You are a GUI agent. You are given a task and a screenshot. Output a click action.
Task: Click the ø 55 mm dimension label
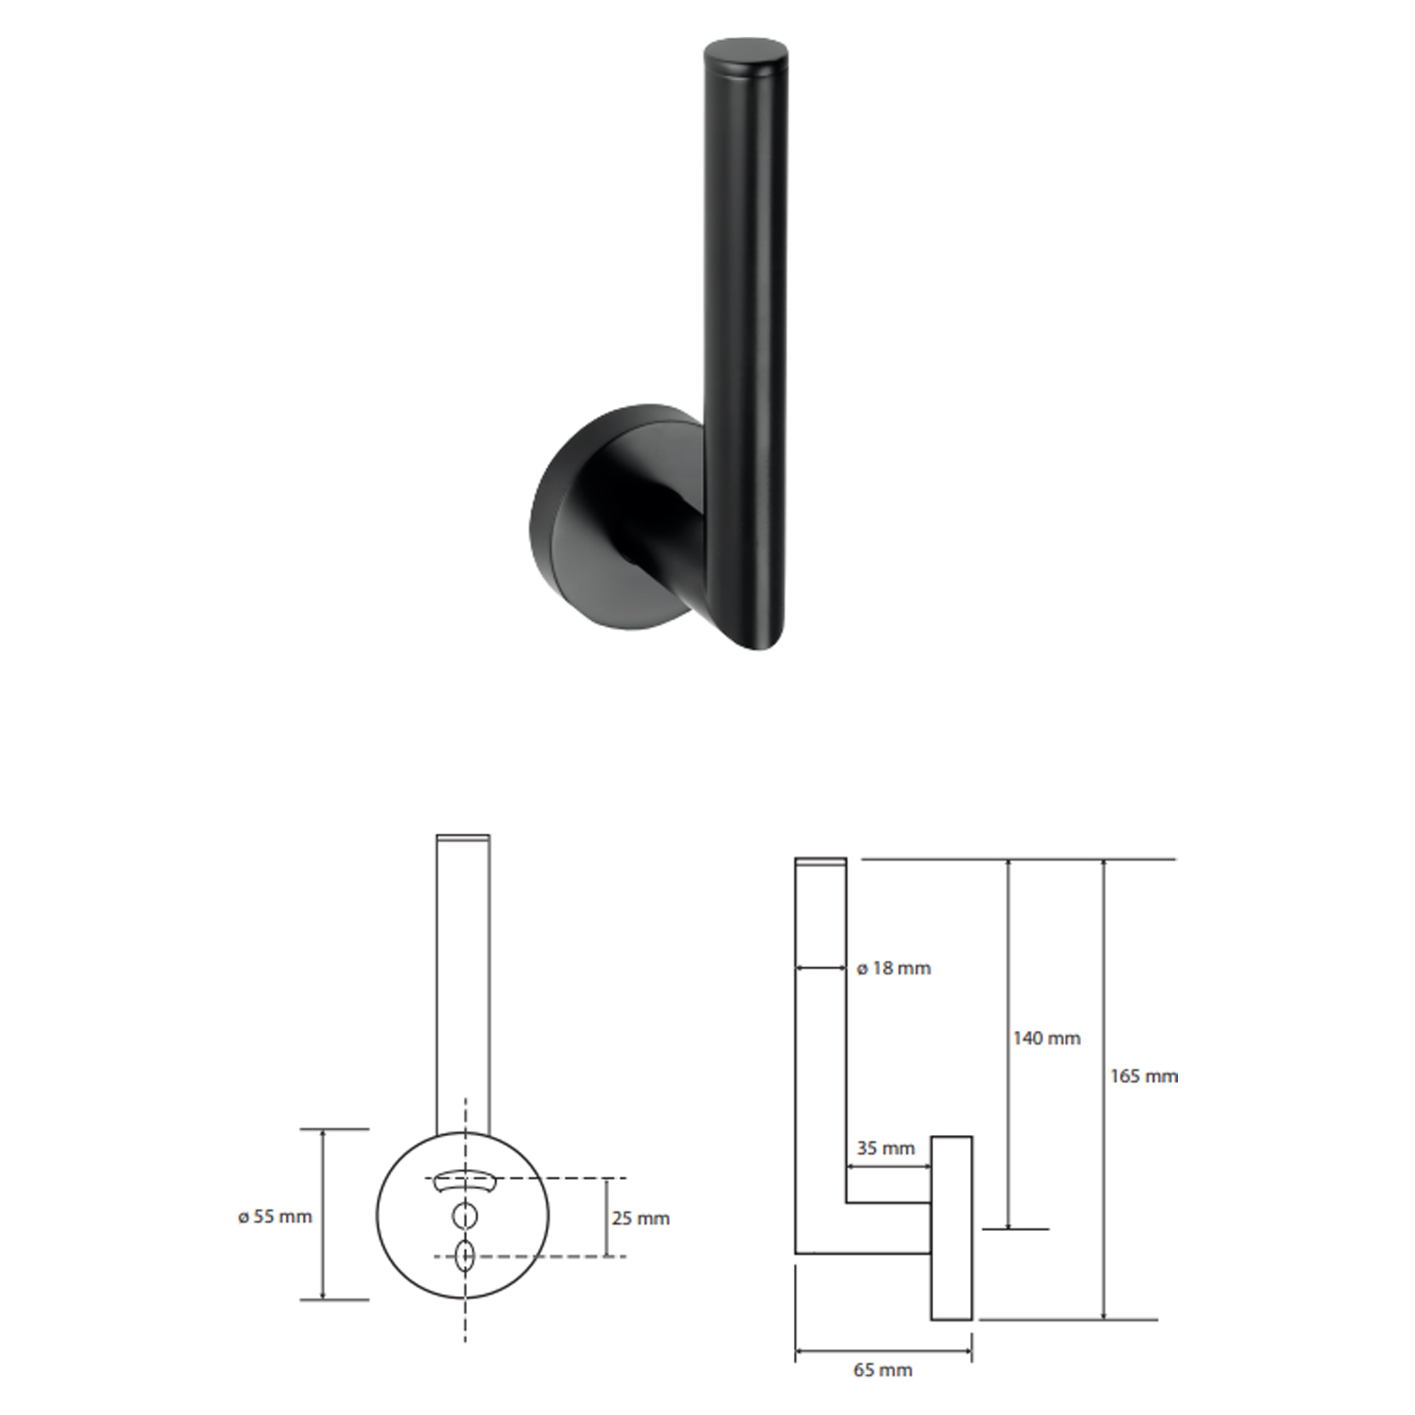pos(275,1216)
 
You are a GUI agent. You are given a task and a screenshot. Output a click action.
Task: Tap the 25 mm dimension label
pos(641,1219)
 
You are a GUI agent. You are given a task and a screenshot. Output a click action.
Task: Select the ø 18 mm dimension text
pos(894,969)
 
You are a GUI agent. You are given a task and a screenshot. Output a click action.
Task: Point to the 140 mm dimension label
pos(1046,1038)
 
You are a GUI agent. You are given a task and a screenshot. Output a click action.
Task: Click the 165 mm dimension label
pos(1144,1076)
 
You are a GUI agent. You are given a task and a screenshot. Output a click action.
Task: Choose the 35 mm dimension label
pos(886,1148)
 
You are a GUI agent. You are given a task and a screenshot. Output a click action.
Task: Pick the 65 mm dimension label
pos(882,1370)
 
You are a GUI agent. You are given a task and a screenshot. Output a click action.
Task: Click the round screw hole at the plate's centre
pos(465,1216)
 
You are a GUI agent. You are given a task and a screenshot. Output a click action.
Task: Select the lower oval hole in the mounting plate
pos(465,1257)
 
